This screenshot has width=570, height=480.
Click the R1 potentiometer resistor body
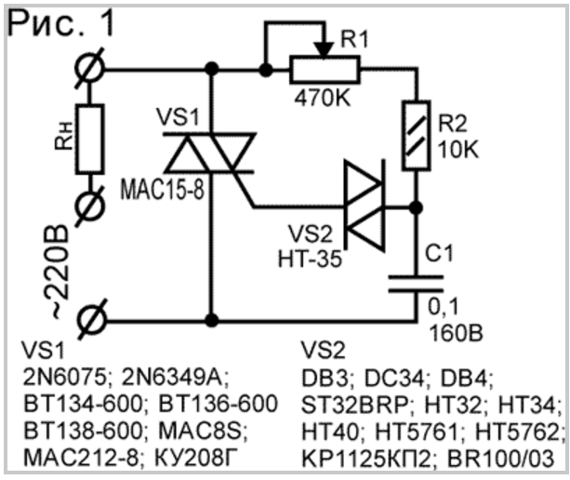pos(325,70)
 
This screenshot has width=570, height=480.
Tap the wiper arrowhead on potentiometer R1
pos(324,50)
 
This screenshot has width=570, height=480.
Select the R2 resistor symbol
pos(417,135)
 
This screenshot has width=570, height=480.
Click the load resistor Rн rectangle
pos(90,139)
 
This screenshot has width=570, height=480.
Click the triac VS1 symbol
pos(210,153)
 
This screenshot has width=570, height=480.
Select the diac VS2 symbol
pos(365,206)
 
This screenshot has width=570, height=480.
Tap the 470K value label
pos(323,98)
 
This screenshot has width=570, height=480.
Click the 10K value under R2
pos(458,149)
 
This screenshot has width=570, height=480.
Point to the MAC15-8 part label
pos(163,190)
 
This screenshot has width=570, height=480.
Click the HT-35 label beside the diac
pos(310,260)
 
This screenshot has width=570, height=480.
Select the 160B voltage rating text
pos(457,332)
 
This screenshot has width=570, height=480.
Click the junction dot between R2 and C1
pos(417,207)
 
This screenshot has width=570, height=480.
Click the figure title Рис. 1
pos(60,23)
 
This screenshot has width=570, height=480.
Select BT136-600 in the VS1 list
pos(219,404)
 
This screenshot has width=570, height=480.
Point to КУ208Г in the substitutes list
pos(197,459)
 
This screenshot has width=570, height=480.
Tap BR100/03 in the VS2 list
pos(500,459)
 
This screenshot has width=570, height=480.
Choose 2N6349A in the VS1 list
pos(176,378)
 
